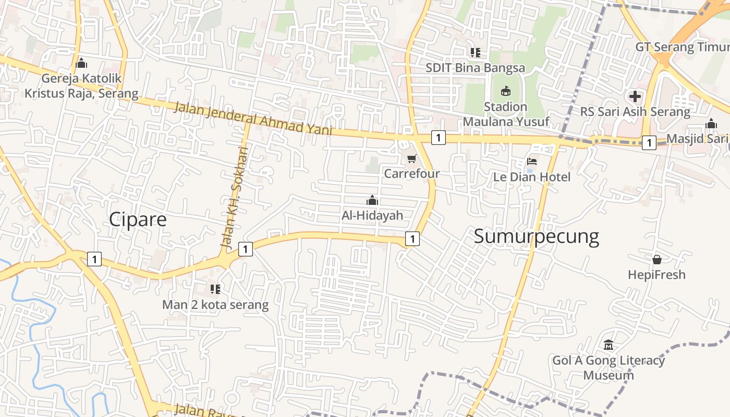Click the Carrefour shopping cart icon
(412, 158)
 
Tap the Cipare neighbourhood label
(138, 219)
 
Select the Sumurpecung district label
(536, 237)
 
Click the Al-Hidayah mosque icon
(372, 200)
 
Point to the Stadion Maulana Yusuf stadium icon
(505, 91)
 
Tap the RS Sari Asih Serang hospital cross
(635, 96)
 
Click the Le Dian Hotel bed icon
(532, 162)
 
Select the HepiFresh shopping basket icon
(656, 259)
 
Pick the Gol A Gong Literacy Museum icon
(608, 345)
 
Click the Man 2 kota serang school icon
(215, 289)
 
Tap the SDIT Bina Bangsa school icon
(475, 52)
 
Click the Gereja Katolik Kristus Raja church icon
(81, 64)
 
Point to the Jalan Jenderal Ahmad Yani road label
(253, 119)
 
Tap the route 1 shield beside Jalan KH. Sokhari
(246, 249)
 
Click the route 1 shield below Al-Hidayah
(412, 239)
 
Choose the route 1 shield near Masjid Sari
(649, 142)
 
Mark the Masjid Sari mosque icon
(711, 124)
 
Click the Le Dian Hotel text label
(532, 177)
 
